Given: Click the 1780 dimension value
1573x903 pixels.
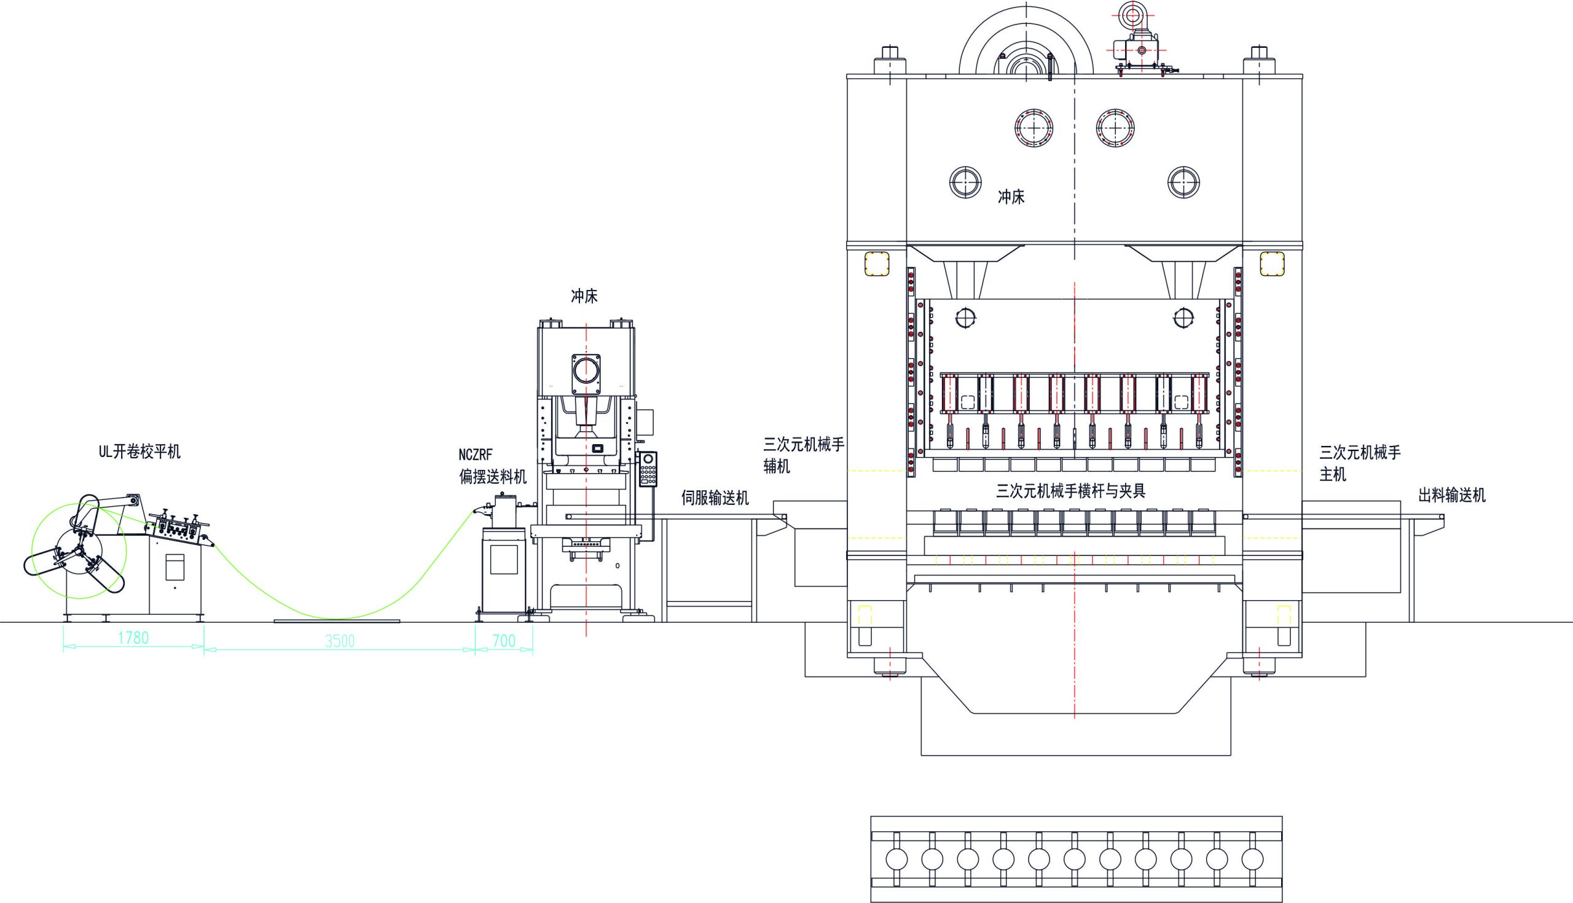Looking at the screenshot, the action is [133, 638].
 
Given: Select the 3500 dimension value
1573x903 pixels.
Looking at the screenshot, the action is [340, 641].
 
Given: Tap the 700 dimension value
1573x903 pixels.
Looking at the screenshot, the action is [504, 641].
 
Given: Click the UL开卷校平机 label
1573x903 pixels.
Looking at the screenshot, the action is [139, 451].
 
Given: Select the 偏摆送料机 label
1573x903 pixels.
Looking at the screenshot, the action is [493, 476].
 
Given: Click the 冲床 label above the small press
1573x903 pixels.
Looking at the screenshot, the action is [584, 297].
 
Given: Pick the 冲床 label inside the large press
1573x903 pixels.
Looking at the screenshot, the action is [1011, 197].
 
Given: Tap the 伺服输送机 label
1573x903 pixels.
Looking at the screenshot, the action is [715, 498].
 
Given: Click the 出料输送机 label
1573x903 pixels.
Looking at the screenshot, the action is [1452, 495].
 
